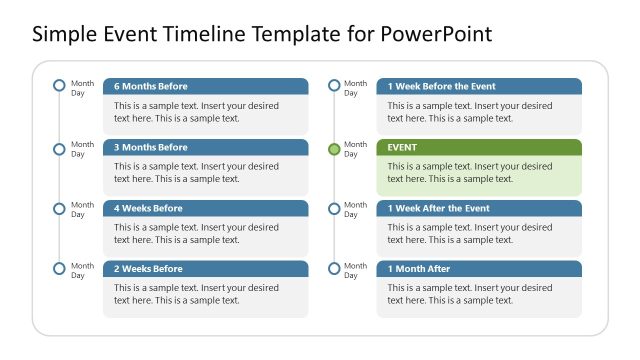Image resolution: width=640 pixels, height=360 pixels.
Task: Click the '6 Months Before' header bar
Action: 205,86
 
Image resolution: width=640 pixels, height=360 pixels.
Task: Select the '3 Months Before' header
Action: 205,147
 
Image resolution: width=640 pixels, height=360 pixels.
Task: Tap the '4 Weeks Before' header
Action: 205,208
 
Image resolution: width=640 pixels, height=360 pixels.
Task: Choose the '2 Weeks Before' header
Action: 205,269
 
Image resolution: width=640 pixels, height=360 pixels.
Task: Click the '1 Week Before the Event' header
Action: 479,86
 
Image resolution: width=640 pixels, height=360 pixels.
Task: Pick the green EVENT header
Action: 479,147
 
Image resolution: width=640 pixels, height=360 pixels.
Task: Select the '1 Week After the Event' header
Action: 479,208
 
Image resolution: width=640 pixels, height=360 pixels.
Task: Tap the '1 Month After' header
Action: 479,269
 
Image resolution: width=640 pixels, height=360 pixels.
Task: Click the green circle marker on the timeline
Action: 334,149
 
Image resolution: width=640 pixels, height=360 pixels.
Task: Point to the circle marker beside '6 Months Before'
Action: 59,86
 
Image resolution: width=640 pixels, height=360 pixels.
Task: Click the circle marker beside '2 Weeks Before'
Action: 59,268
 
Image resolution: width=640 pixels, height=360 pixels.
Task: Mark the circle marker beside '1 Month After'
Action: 334,268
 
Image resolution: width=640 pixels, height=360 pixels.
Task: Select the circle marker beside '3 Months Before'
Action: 59,149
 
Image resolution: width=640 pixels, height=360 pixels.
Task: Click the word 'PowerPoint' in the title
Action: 436,35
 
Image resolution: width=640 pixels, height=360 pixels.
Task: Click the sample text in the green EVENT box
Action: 470,173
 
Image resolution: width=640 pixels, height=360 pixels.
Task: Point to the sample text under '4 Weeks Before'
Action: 196,234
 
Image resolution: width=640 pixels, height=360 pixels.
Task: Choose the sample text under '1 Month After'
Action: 470,294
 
